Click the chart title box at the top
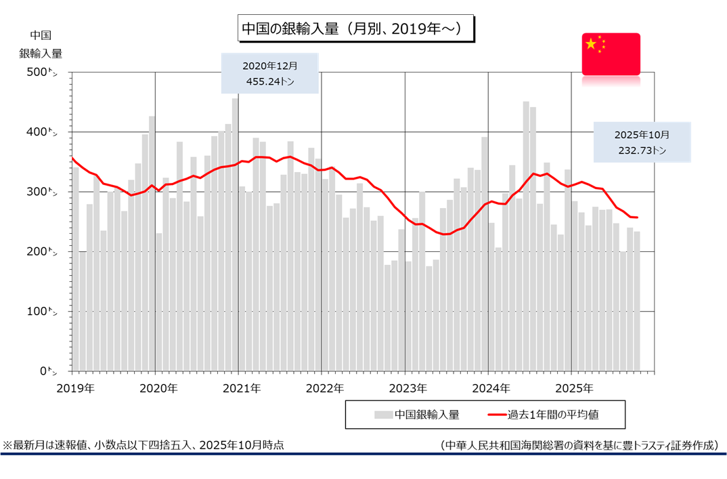point(355,30)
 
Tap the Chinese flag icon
point(611,54)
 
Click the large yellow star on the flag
point(591,44)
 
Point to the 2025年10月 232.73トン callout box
point(642,142)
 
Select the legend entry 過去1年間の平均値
point(552,414)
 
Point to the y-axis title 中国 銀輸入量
point(41,45)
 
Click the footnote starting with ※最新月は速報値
point(144,445)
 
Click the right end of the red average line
point(638,217)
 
